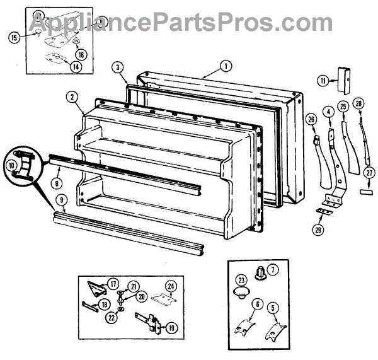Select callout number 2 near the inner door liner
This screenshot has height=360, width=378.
click(x=73, y=97)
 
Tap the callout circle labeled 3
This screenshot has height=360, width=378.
click(x=118, y=67)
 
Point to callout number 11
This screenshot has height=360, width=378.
click(x=323, y=81)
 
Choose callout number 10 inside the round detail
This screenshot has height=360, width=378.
click(x=13, y=165)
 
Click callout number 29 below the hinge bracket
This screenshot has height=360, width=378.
click(x=318, y=230)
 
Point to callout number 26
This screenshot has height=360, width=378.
click(x=311, y=120)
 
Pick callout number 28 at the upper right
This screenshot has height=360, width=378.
click(x=358, y=103)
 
